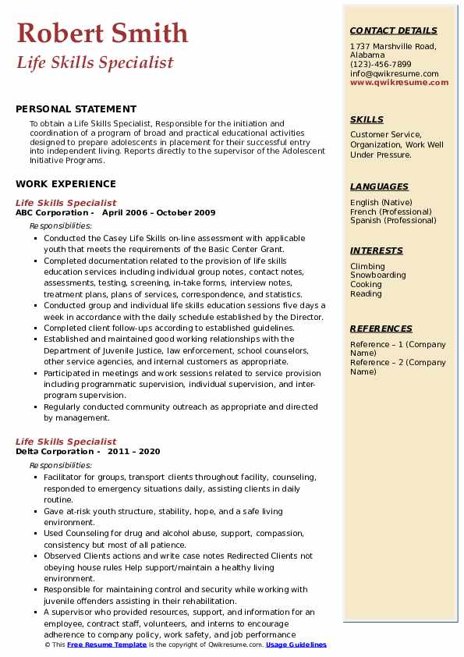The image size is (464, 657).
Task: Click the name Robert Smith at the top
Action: [x=102, y=33]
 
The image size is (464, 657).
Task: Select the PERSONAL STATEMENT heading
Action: [x=76, y=109]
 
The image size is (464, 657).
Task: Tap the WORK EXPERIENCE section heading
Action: [x=66, y=184]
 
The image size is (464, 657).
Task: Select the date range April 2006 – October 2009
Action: [x=158, y=212]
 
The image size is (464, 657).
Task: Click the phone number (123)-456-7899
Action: [x=381, y=65]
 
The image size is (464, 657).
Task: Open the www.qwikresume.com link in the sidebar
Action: [x=399, y=82]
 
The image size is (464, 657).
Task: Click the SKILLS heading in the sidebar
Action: [x=367, y=119]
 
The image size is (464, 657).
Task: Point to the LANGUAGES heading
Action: [x=379, y=186]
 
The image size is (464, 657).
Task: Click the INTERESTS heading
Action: [x=377, y=250]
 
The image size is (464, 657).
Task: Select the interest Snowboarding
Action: [x=378, y=275]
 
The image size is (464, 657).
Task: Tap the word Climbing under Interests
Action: [x=367, y=266]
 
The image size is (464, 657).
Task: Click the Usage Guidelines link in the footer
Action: [x=296, y=645]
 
